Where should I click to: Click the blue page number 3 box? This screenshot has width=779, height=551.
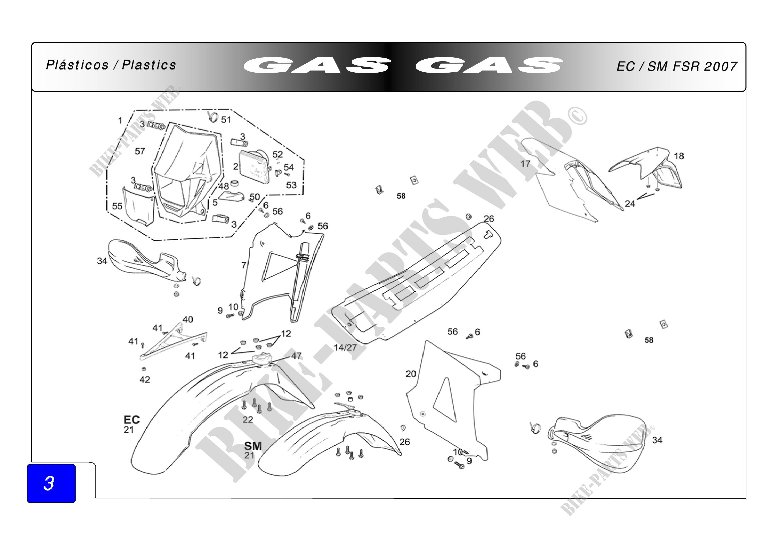(x=51, y=483)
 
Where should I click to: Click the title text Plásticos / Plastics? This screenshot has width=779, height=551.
(x=111, y=65)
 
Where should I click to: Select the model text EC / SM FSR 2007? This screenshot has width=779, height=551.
(x=676, y=67)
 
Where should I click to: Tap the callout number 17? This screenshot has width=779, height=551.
(x=525, y=164)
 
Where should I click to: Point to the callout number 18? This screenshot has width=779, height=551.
(x=678, y=156)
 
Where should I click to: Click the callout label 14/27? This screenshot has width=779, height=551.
(x=345, y=347)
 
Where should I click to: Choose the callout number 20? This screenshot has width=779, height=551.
(x=411, y=374)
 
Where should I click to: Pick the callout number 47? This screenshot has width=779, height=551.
(x=296, y=355)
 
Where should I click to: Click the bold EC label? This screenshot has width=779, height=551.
(x=132, y=420)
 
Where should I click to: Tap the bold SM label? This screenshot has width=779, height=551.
(x=253, y=446)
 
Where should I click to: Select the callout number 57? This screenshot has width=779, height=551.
(x=140, y=151)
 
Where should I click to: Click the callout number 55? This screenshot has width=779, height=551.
(x=117, y=206)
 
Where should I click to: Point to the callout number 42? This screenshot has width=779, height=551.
(x=145, y=380)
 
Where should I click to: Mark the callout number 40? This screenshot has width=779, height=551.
(x=188, y=319)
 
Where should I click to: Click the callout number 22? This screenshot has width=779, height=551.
(x=247, y=420)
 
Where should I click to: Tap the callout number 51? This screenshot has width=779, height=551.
(x=226, y=120)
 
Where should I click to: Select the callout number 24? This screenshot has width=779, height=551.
(x=630, y=204)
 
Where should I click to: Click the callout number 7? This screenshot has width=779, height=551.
(x=243, y=265)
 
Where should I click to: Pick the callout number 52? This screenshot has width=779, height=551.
(x=277, y=154)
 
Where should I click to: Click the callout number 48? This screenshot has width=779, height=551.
(x=223, y=186)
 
